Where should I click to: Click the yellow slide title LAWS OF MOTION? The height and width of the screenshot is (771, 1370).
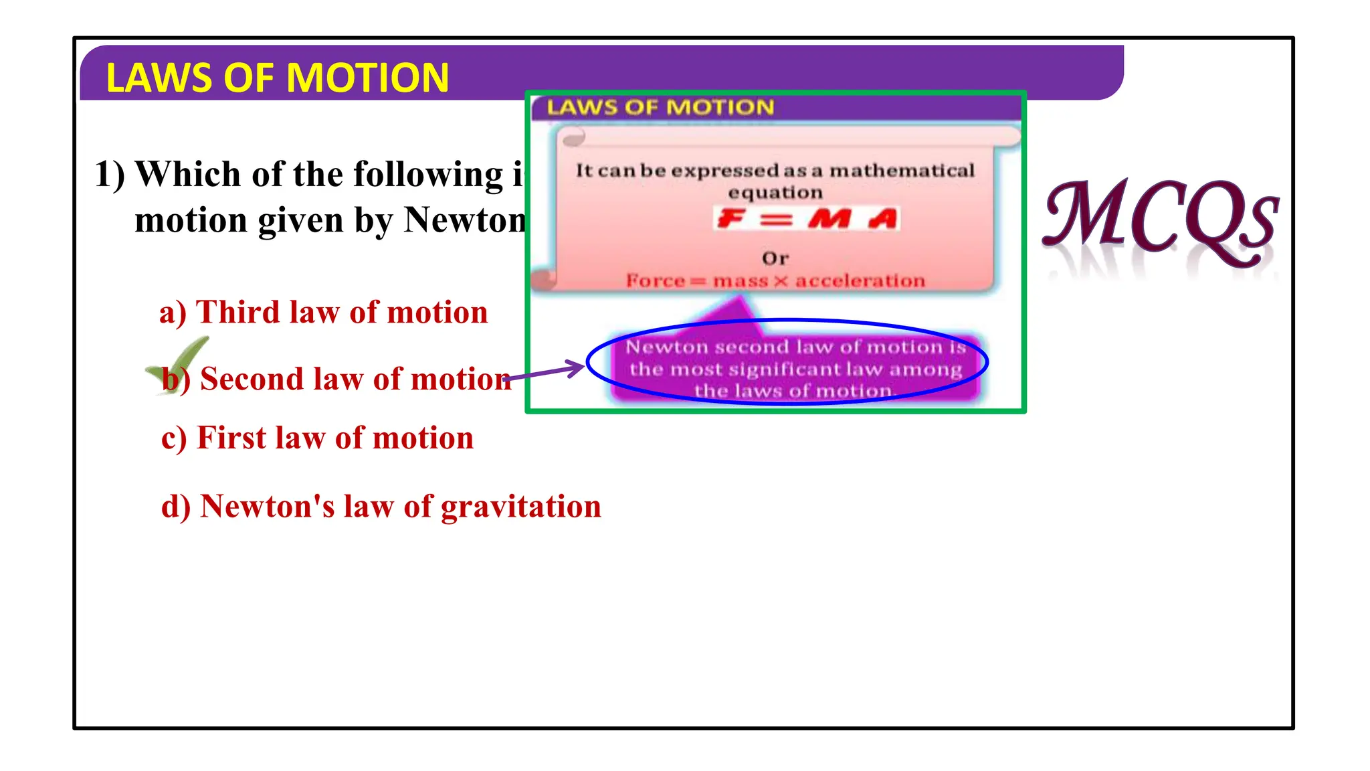(277, 78)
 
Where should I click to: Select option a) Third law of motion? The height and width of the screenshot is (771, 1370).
(324, 313)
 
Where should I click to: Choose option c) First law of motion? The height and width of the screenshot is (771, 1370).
(317, 438)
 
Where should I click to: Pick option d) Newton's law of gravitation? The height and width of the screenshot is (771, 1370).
(381, 507)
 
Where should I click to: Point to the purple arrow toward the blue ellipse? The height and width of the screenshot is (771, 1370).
(545, 372)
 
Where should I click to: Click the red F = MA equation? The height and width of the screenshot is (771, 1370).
(807, 219)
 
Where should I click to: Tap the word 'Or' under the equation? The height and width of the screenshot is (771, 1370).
(775, 258)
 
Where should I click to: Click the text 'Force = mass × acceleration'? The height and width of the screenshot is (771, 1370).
(775, 281)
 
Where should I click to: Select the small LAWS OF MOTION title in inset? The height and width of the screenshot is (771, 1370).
(660, 108)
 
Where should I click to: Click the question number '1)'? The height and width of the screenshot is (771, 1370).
(110, 175)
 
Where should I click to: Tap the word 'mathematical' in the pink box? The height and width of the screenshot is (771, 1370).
(902, 171)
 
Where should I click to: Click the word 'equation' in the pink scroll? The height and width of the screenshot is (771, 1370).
(775, 193)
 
